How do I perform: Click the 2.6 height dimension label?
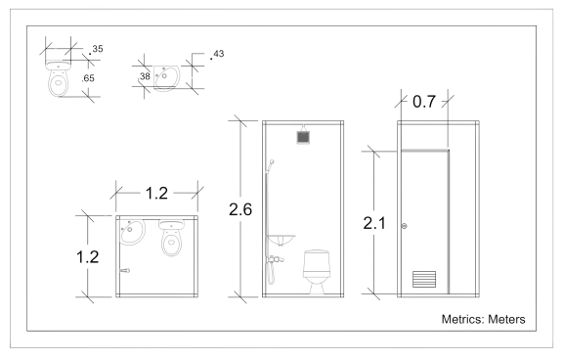(238, 208)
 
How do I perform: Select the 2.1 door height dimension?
(373, 224)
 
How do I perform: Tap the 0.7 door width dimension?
(423, 102)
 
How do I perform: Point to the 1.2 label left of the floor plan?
(88, 256)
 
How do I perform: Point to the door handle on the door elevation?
(442, 281)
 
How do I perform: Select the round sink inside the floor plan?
(133, 233)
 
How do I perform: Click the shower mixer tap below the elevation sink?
(276, 259)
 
